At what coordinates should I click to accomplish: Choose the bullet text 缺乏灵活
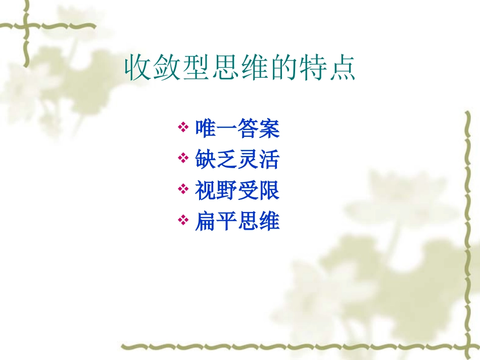pyautogui.click(x=237, y=160)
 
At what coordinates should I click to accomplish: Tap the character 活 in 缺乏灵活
pyautogui.click(x=269, y=160)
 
